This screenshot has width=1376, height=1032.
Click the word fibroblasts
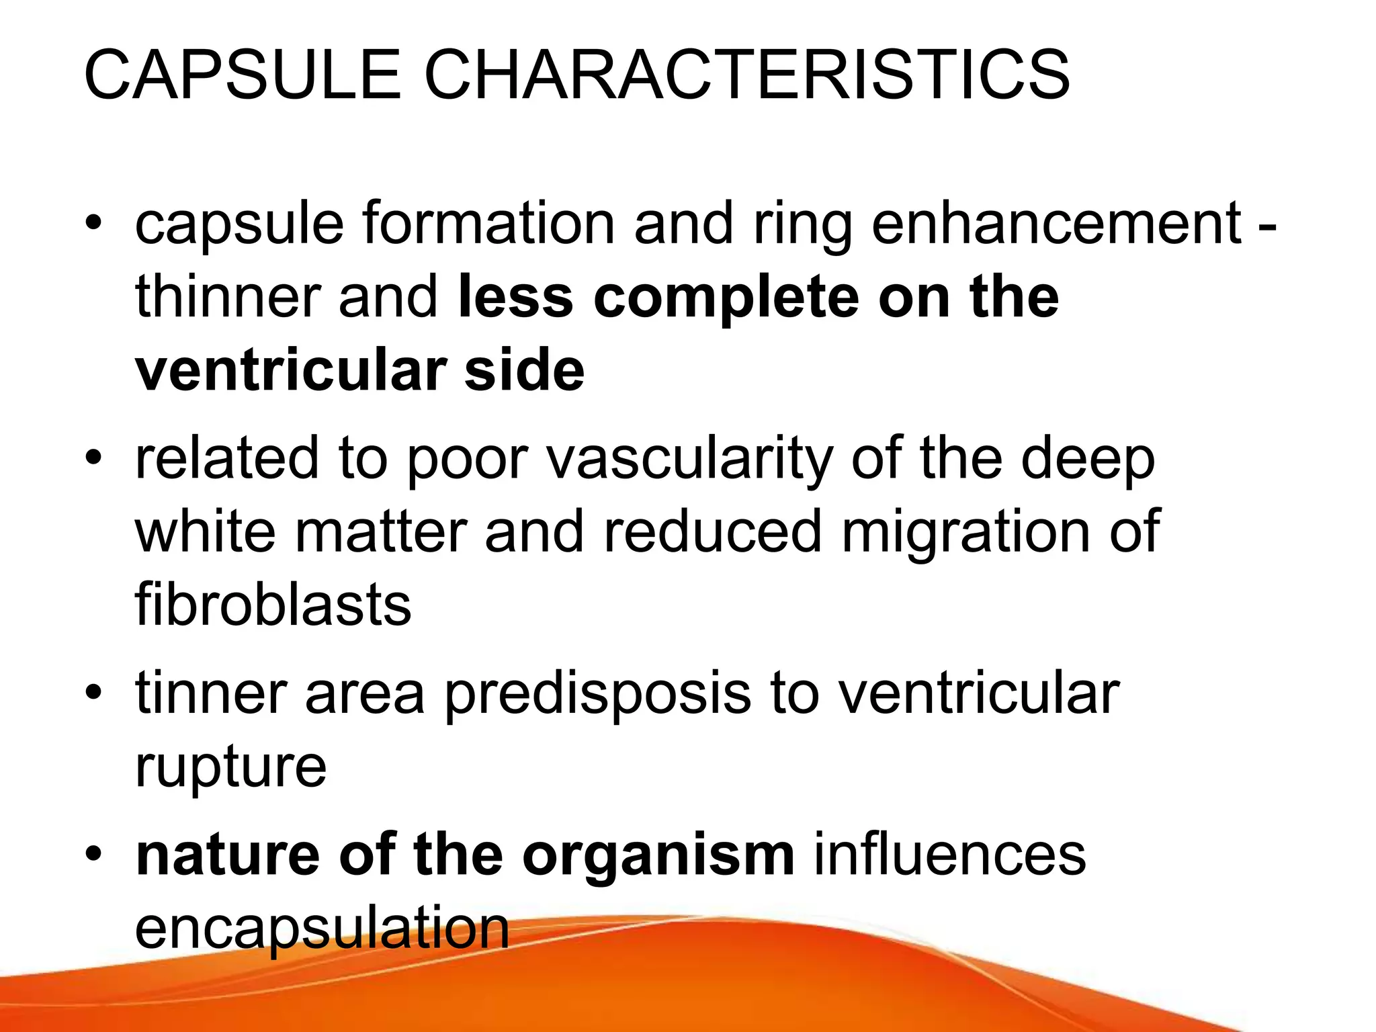tap(273, 604)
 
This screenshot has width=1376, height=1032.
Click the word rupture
tap(230, 768)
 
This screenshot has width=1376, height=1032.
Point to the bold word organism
tap(658, 855)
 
